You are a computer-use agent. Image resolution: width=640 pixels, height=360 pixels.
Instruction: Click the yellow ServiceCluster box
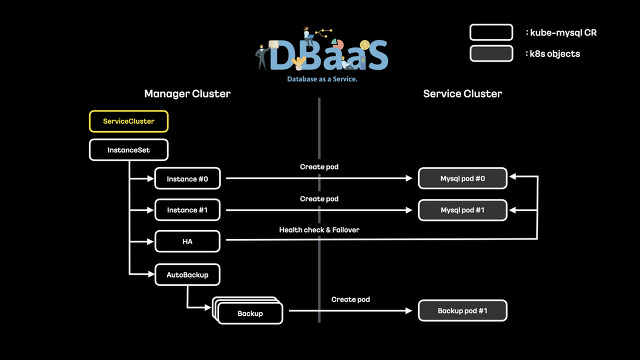(x=129, y=121)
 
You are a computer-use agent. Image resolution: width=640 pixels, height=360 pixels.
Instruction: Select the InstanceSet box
(x=129, y=150)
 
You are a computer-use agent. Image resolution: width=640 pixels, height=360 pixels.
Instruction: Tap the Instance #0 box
(x=188, y=179)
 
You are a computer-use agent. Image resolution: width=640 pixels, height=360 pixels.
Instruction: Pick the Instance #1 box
(x=188, y=210)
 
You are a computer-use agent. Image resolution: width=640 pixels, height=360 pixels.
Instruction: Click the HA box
(x=188, y=241)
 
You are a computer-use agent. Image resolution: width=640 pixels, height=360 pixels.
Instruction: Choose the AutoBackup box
(x=188, y=272)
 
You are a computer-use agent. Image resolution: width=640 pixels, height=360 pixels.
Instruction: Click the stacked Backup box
(x=250, y=313)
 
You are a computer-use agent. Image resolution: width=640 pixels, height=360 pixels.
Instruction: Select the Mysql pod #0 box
(x=462, y=179)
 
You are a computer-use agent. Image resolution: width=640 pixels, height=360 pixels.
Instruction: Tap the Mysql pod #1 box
(x=462, y=210)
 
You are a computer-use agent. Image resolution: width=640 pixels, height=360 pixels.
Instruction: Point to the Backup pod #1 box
(x=462, y=311)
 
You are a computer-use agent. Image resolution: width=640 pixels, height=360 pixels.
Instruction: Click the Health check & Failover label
(x=319, y=230)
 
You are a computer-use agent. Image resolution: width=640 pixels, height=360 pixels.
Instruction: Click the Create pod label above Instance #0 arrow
(x=319, y=166)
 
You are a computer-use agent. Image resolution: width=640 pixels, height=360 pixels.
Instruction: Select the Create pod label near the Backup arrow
(x=351, y=299)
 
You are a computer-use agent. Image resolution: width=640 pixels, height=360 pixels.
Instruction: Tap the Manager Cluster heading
(x=187, y=93)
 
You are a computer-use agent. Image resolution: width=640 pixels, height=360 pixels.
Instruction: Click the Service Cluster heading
(x=462, y=93)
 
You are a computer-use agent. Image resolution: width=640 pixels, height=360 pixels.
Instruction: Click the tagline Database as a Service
(x=322, y=78)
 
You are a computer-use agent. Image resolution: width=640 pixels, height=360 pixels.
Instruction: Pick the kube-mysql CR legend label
(x=561, y=33)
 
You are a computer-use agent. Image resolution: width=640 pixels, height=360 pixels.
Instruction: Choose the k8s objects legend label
(x=555, y=54)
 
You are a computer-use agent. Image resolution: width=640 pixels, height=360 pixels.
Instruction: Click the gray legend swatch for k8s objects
(x=491, y=54)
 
